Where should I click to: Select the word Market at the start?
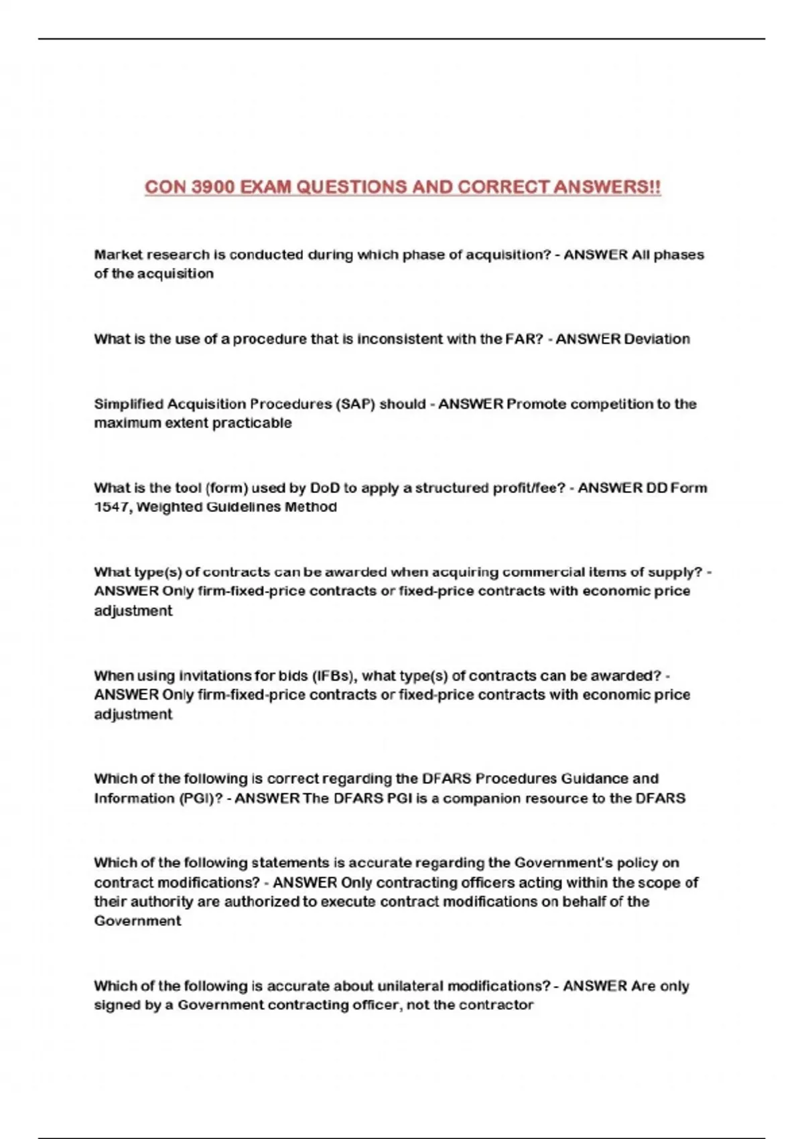point(118,255)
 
